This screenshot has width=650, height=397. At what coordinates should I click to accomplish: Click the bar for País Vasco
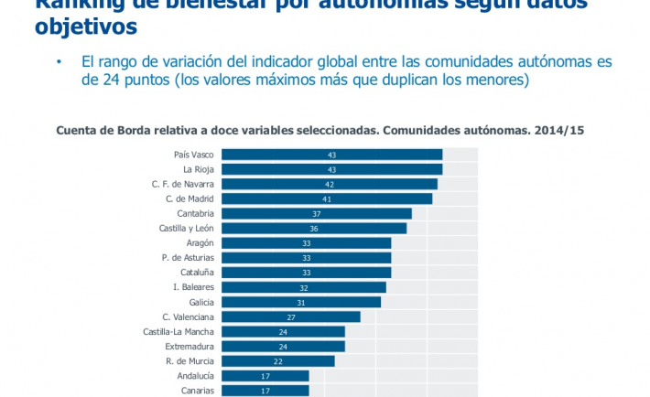[331, 155]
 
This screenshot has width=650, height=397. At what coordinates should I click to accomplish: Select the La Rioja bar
[331, 169]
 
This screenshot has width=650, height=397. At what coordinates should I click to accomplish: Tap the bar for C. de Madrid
[327, 198]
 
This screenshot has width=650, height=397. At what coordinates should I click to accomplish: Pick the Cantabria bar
[317, 213]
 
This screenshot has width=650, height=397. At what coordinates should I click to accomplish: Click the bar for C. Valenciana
[291, 317]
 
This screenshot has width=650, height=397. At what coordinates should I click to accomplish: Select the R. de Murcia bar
[278, 360]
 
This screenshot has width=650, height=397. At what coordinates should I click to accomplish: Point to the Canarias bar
[265, 391]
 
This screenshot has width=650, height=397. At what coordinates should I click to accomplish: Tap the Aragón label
[200, 243]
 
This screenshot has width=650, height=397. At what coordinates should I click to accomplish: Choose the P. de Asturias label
[188, 258]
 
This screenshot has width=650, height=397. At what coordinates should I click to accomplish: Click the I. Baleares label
[193, 287]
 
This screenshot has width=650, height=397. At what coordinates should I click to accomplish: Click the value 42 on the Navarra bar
[330, 184]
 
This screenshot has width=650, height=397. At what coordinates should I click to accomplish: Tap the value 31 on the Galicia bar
[301, 302]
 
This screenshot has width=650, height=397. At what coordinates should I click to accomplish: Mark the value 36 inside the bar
[314, 229]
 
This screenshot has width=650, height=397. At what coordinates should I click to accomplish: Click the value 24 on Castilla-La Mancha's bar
[283, 331]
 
